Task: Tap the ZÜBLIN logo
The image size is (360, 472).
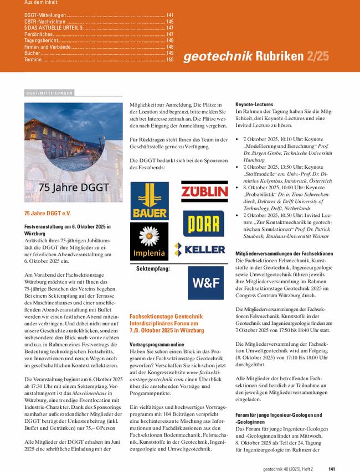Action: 204,192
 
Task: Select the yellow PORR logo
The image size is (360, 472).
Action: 204,223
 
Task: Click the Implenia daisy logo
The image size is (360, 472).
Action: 149,242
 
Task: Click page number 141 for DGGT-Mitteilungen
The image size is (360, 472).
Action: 169,15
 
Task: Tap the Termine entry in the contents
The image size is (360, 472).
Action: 33,59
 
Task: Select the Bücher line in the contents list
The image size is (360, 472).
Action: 33,53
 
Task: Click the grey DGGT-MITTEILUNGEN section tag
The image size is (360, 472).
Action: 49,93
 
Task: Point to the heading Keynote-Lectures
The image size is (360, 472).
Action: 254,104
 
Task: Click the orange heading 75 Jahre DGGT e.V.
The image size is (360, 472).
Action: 48,213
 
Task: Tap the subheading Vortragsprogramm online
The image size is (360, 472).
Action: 157,344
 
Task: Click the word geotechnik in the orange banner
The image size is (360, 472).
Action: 217,56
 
